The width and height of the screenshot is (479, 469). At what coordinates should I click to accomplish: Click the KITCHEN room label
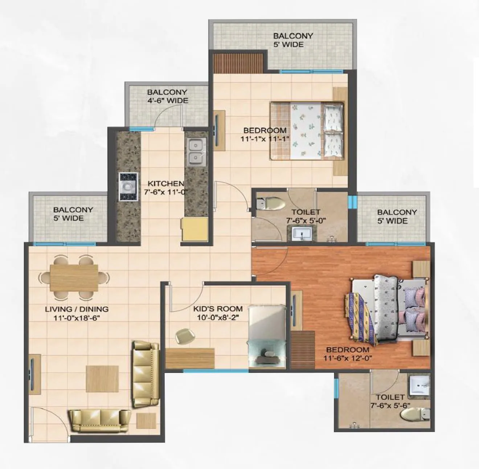(165, 184)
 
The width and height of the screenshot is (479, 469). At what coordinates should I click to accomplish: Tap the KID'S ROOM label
(218, 309)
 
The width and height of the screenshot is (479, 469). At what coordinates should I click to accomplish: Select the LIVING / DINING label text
(77, 309)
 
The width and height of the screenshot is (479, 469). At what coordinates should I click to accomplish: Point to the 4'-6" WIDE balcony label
(167, 100)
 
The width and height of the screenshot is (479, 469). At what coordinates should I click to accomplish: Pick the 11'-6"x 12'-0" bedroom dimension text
(348, 358)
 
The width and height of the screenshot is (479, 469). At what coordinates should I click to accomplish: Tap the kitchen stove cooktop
(128, 186)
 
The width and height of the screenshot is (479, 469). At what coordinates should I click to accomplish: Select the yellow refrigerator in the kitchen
(195, 229)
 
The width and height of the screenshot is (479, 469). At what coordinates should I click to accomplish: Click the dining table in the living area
(74, 278)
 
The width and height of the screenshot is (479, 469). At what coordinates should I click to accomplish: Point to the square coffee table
(102, 379)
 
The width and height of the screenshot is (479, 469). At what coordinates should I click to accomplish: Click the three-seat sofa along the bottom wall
(99, 421)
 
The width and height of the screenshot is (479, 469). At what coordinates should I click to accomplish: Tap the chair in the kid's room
(184, 336)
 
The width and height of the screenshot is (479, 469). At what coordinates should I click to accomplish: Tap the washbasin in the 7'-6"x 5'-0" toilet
(301, 233)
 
